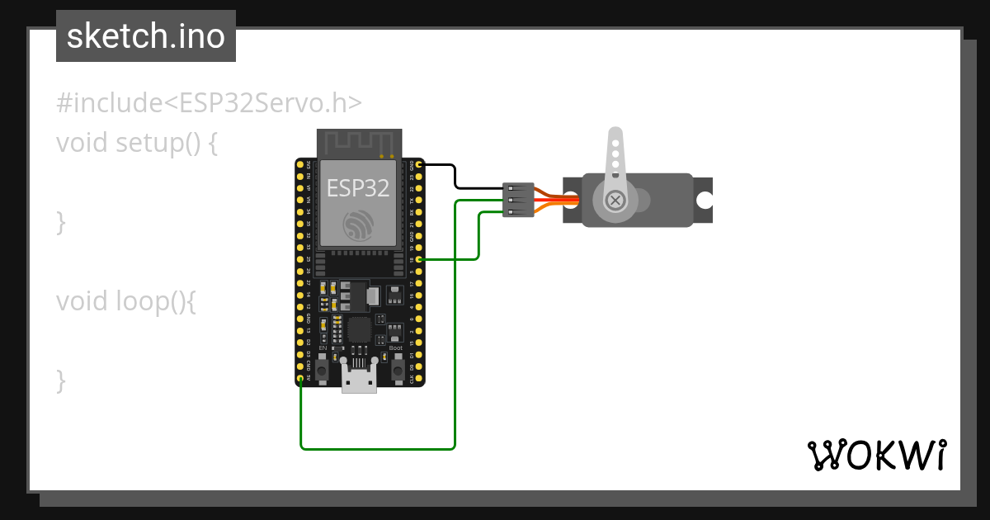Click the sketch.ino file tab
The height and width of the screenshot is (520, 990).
(x=146, y=36)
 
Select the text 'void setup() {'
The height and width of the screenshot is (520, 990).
(x=137, y=143)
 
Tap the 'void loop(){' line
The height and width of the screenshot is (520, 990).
(x=126, y=301)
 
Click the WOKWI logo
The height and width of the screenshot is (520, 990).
(x=876, y=454)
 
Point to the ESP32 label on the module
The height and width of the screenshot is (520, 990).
(x=358, y=188)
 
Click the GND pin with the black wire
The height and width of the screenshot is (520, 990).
(x=419, y=165)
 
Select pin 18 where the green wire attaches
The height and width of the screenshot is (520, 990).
(x=419, y=260)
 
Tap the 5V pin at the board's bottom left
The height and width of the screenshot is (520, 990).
(x=301, y=378)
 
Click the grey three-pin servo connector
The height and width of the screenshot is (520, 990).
(x=518, y=200)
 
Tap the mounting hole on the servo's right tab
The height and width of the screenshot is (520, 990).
(x=704, y=200)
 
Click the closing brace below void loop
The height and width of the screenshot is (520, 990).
(x=60, y=381)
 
